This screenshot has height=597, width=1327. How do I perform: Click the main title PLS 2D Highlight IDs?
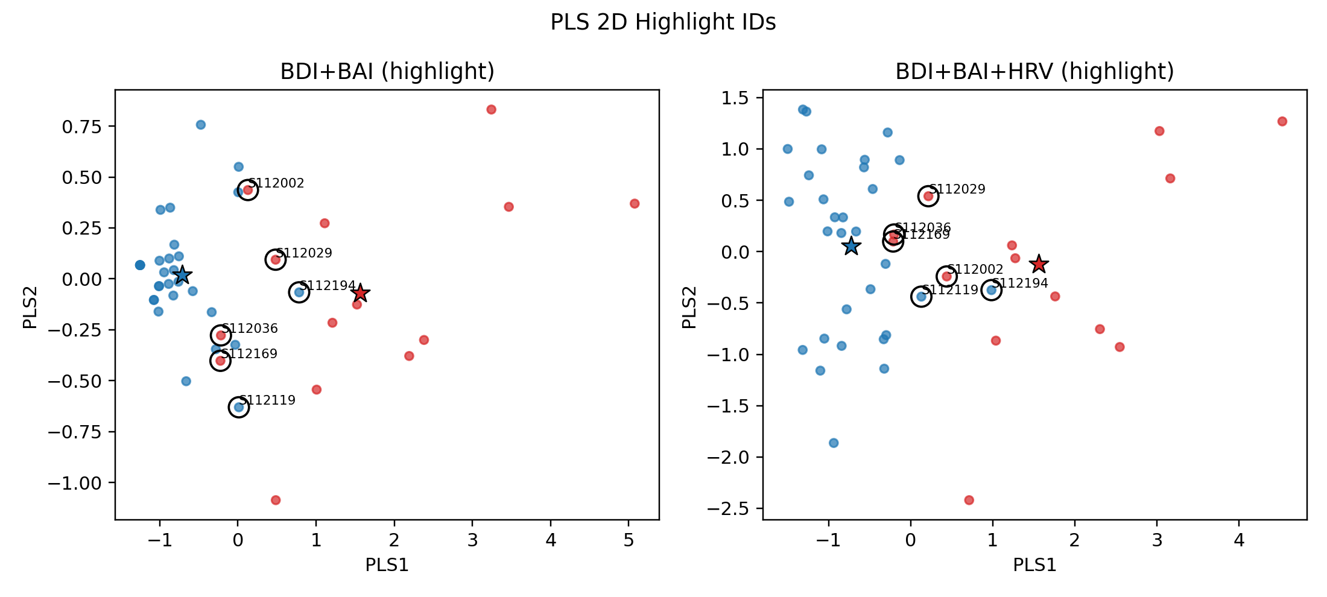coord(663,22)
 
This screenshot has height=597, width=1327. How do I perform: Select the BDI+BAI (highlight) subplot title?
coord(387,72)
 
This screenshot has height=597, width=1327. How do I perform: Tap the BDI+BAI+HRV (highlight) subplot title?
coord(1034,72)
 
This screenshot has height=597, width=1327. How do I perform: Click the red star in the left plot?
coord(360,293)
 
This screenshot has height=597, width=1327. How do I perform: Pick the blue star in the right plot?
coord(851,246)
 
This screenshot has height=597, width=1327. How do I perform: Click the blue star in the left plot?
coord(182,275)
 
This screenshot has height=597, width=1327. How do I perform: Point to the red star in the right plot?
coord(1039,264)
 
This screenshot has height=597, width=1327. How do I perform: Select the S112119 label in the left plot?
coord(267,400)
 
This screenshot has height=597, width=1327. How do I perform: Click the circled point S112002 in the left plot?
coord(247,190)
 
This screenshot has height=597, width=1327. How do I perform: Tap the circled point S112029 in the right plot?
coord(928,196)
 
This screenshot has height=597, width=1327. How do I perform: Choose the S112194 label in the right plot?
coord(1020,283)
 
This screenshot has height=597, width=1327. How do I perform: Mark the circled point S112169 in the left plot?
coord(220,361)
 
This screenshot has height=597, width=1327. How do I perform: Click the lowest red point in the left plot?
coord(276,500)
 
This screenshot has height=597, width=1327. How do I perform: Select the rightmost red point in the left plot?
coord(635,204)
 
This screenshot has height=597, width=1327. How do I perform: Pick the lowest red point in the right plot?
coord(969,500)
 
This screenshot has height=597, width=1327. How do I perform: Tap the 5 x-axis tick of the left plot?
coord(629,540)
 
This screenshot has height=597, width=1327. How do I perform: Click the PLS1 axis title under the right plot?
coord(1034,565)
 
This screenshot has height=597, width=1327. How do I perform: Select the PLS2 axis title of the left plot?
coord(30,308)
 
